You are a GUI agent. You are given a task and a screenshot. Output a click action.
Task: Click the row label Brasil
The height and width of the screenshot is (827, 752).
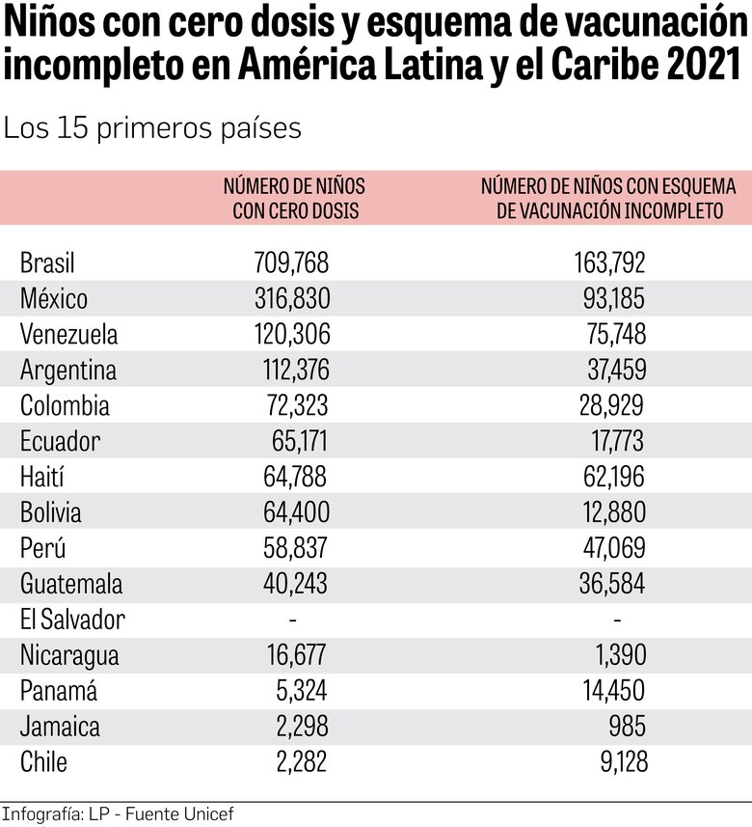pos(47,262)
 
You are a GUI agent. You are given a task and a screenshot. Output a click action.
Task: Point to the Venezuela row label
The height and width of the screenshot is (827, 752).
pos(68,334)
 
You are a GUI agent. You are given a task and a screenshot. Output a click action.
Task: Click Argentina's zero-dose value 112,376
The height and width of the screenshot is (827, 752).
pos(295,370)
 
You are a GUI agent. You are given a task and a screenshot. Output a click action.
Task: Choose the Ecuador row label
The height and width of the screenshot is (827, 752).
pos(60,441)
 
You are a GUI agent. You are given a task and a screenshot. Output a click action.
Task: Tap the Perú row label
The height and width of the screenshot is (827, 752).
pos(42,548)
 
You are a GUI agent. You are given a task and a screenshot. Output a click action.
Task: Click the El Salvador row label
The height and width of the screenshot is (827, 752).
pos(72,620)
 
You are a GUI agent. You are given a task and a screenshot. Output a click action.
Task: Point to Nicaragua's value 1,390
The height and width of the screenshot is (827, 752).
pos(621,655)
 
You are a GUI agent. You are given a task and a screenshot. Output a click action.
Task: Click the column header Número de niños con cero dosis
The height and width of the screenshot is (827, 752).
pos(294,198)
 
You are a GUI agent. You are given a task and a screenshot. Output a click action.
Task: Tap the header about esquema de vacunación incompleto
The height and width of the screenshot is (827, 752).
pos(608,198)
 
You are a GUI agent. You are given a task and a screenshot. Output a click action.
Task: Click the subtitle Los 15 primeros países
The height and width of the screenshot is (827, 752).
pos(152,128)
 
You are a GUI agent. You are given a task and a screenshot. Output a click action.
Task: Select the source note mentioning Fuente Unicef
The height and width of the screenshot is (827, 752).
pos(118,814)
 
